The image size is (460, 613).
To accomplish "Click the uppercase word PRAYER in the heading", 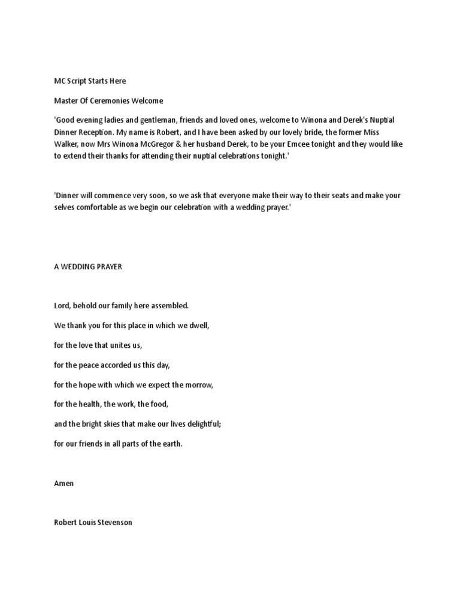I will click(x=108, y=267).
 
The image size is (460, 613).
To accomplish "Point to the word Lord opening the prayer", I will click(x=62, y=305).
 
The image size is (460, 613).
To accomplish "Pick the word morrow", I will click(x=198, y=384).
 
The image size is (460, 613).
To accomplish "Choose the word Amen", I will click(x=64, y=483).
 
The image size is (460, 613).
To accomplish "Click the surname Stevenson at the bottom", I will click(x=115, y=523).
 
